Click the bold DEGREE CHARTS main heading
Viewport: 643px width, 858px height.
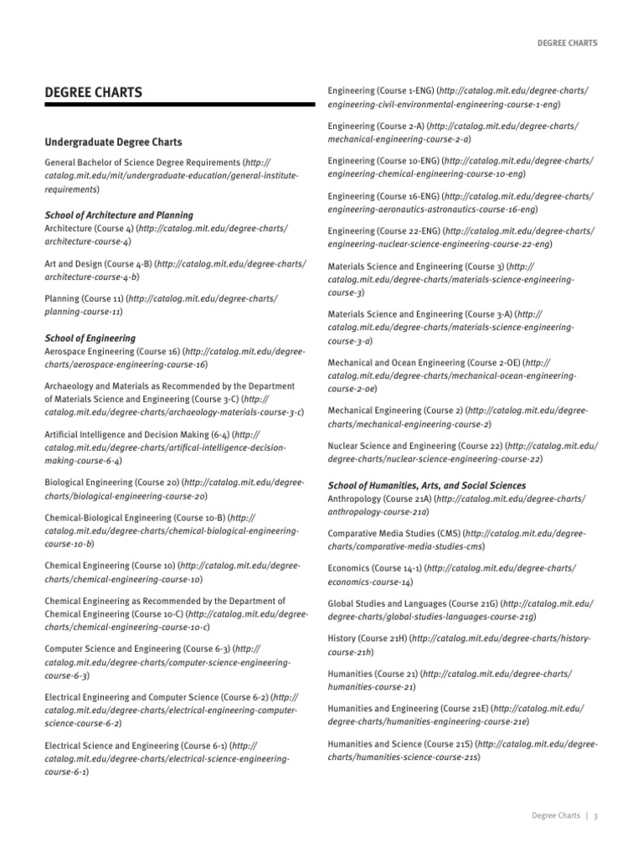(x=93, y=91)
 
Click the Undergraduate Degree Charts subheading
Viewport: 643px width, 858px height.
(x=113, y=142)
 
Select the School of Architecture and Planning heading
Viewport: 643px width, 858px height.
(x=118, y=215)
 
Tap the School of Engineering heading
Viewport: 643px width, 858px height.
(x=90, y=339)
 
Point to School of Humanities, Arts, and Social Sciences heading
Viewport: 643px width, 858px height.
(x=427, y=485)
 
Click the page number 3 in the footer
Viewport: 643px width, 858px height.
(x=594, y=816)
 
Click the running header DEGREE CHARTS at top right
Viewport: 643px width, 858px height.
(x=566, y=44)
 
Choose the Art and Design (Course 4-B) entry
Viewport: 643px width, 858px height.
(x=98, y=263)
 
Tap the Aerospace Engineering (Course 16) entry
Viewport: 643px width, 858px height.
(x=112, y=352)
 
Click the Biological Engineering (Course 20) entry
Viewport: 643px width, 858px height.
(x=111, y=483)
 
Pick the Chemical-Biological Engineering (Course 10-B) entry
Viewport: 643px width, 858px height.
(x=135, y=518)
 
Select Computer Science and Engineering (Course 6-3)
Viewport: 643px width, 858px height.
(x=138, y=649)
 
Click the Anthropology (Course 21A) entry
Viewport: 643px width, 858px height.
(x=379, y=499)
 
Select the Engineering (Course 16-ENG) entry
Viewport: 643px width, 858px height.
(x=382, y=196)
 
